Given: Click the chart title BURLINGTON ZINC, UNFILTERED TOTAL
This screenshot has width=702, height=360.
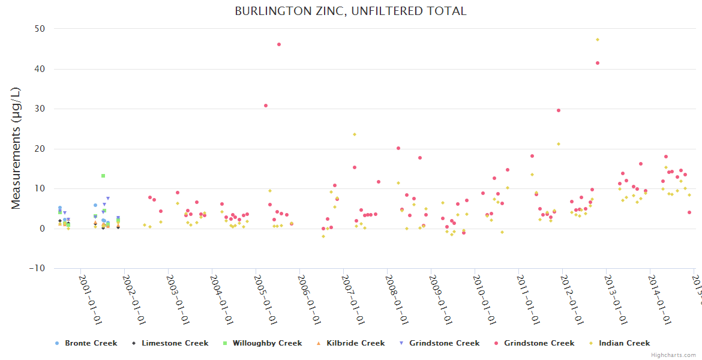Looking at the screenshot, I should [350, 11].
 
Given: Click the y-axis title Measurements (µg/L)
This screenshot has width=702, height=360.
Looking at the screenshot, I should [16, 148].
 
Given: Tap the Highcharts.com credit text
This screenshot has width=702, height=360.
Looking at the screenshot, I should [674, 355].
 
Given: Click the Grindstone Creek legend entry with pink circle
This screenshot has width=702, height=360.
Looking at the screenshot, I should [539, 343].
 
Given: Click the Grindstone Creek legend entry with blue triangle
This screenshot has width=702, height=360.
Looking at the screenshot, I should [444, 343].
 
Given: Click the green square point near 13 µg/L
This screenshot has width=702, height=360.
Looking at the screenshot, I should [103, 176].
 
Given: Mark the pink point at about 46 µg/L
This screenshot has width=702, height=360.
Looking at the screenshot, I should [279, 44].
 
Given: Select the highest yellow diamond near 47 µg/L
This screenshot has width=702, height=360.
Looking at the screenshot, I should [598, 40].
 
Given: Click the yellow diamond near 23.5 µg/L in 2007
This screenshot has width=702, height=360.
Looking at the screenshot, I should [355, 134].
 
